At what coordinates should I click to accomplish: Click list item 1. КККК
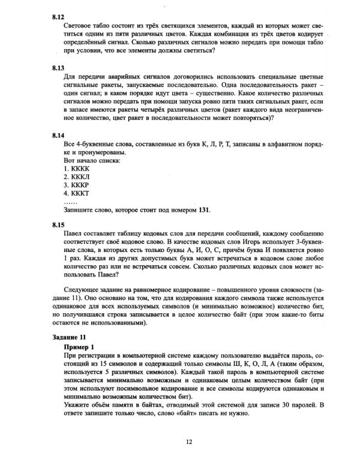pyautogui.click(x=76, y=170)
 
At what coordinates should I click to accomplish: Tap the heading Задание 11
pyautogui.click(x=70, y=338)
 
